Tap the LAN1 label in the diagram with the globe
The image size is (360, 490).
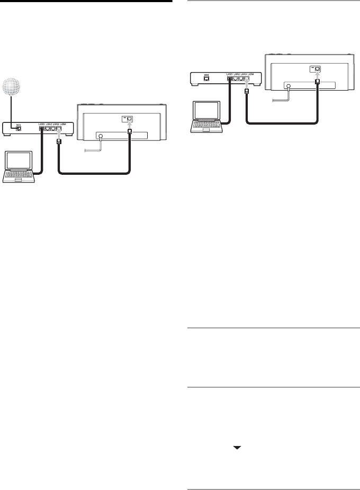(x=42, y=124)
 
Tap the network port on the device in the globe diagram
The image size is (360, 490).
(x=129, y=119)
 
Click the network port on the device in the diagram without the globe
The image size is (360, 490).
(x=316, y=69)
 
